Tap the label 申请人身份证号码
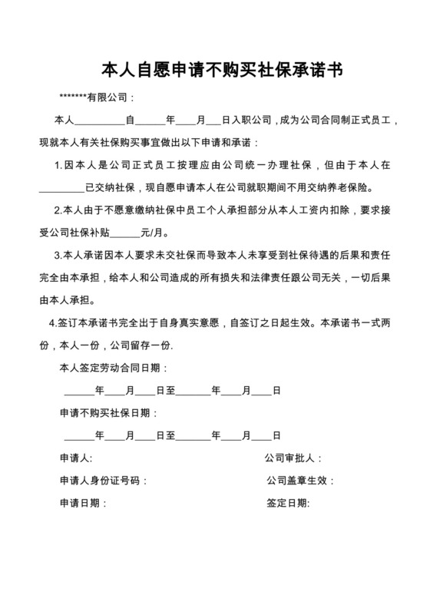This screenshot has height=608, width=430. click(x=101, y=481)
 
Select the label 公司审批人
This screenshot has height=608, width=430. click(x=293, y=458)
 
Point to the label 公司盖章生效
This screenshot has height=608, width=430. click(x=299, y=481)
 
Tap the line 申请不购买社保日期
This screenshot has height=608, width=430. click(x=107, y=413)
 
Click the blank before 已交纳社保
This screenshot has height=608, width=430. click(x=61, y=187)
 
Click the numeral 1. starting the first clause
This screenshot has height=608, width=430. click(x=58, y=165)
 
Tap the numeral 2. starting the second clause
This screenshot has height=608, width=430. click(x=58, y=210)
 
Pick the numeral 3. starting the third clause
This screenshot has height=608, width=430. click(x=58, y=255)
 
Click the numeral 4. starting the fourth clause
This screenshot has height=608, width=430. click(x=52, y=322)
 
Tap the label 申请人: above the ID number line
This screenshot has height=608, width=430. click(x=76, y=458)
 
